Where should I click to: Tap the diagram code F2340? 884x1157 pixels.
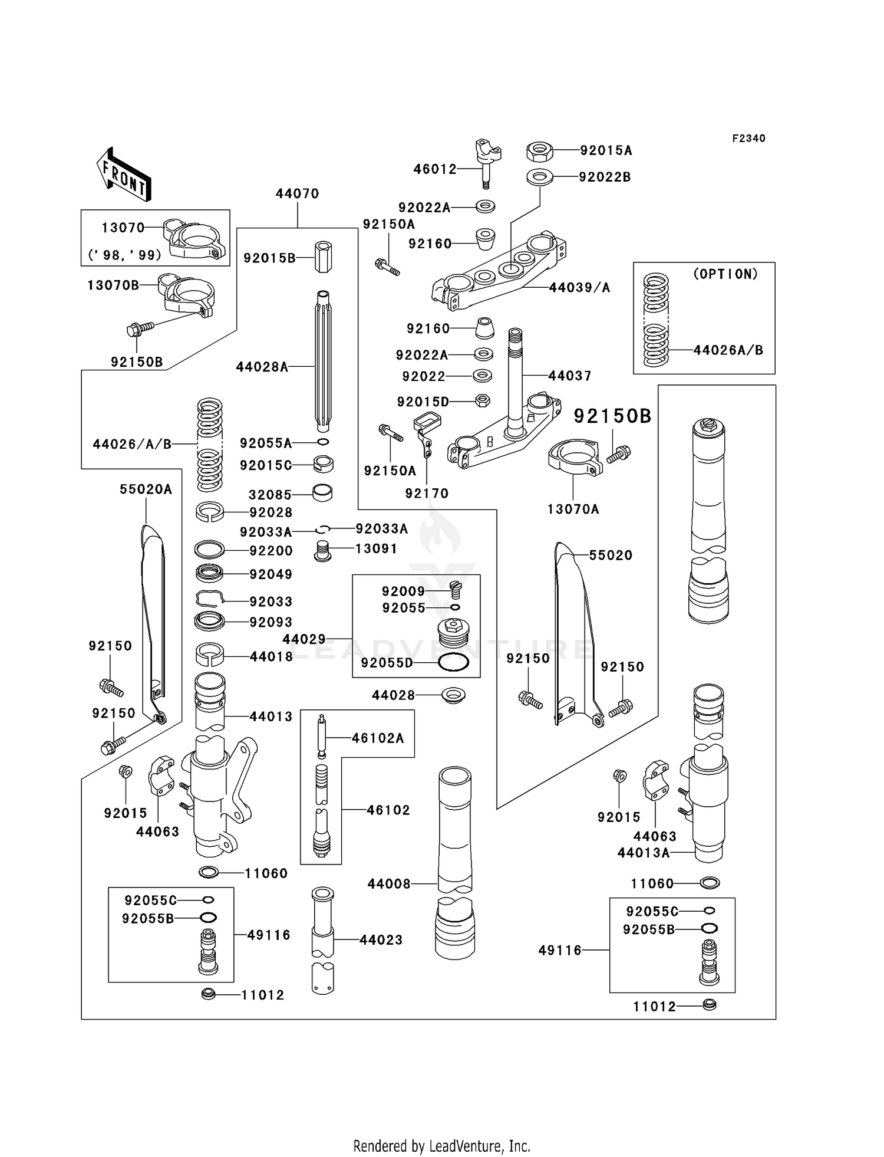tap(748, 139)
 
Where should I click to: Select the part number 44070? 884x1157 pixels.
tap(298, 194)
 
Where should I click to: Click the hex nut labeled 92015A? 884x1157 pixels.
tap(539, 151)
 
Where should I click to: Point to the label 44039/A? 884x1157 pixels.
tap(579, 288)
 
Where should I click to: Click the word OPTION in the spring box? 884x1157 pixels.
tap(725, 274)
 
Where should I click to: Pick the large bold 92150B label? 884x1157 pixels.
tap(612, 416)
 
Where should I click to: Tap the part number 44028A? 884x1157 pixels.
tap(262, 367)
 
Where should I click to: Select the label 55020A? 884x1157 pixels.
tap(146, 489)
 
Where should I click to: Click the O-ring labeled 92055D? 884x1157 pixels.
tap(454, 663)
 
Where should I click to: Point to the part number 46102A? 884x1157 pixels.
tap(378, 738)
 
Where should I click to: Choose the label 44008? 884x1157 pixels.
tap(389, 884)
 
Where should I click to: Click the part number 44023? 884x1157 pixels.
tap(381, 940)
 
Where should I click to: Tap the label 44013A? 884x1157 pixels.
tap(644, 853)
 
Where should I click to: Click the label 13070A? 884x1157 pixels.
tap(573, 510)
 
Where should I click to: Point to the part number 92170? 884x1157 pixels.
tap(427, 494)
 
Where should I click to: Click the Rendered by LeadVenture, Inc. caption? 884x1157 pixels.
tap(442, 1146)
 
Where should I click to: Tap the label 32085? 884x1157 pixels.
tap(271, 495)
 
